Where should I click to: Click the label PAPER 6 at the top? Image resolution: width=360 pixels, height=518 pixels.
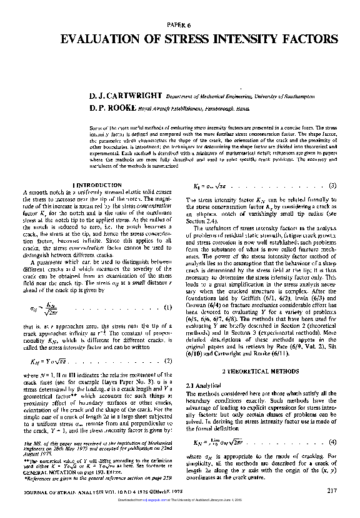click(x=179, y=24)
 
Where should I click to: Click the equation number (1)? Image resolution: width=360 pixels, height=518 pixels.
click(x=167, y=307)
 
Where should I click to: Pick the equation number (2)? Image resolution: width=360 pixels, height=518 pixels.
click(x=167, y=361)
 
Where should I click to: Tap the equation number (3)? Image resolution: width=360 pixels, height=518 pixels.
click(x=332, y=185)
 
